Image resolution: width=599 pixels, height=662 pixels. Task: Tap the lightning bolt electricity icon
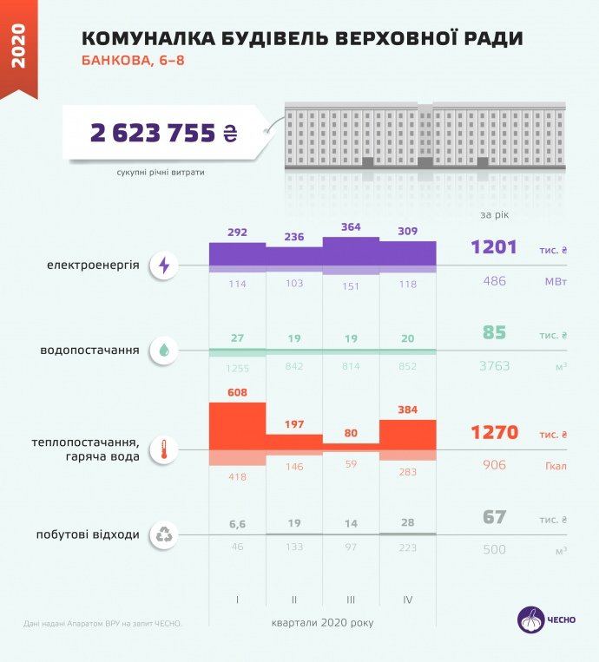pos(163,265)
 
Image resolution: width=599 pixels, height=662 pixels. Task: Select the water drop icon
pos(163,351)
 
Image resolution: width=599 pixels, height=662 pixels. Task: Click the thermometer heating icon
pos(163,449)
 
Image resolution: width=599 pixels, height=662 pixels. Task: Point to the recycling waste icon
pos(163,534)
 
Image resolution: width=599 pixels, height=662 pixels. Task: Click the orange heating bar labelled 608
pos(237,426)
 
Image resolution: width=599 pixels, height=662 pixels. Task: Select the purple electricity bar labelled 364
pos(351,252)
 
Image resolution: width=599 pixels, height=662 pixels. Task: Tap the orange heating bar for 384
pos(408,435)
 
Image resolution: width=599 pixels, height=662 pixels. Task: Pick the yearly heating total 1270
pos(494,432)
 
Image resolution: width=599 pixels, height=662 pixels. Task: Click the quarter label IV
pos(408,600)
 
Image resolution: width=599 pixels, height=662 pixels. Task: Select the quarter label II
pos(294,600)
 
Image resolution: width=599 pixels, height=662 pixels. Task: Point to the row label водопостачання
pos(90,351)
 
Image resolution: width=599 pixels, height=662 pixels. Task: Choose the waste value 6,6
pos(237,524)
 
